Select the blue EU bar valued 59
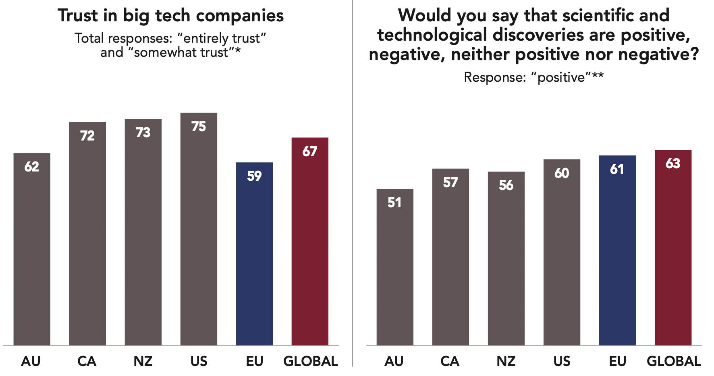click(x=254, y=254)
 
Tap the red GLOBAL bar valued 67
click(x=310, y=241)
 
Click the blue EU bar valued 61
click(x=617, y=250)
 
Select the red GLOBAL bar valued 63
click(x=673, y=247)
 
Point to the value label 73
click(x=143, y=132)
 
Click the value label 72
click(x=87, y=136)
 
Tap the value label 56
click(x=506, y=185)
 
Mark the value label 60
click(x=562, y=173)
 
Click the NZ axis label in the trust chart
click(x=143, y=361)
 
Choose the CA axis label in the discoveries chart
click(x=450, y=361)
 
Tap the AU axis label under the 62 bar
click(x=31, y=361)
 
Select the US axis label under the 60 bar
click(x=562, y=361)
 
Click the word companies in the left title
click(x=240, y=16)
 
